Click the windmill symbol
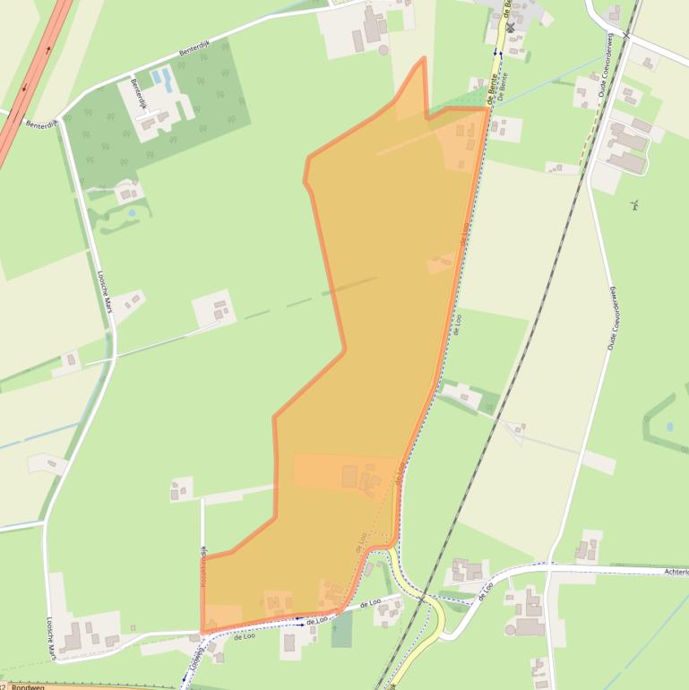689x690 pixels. [511, 28]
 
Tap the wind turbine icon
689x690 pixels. [635, 204]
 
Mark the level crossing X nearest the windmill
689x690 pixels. [627, 35]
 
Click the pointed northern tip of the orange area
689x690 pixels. [423, 59]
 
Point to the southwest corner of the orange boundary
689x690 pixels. [202, 633]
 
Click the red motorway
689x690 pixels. [36, 81]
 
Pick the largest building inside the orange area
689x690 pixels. [349, 476]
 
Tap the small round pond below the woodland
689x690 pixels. [132, 213]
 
